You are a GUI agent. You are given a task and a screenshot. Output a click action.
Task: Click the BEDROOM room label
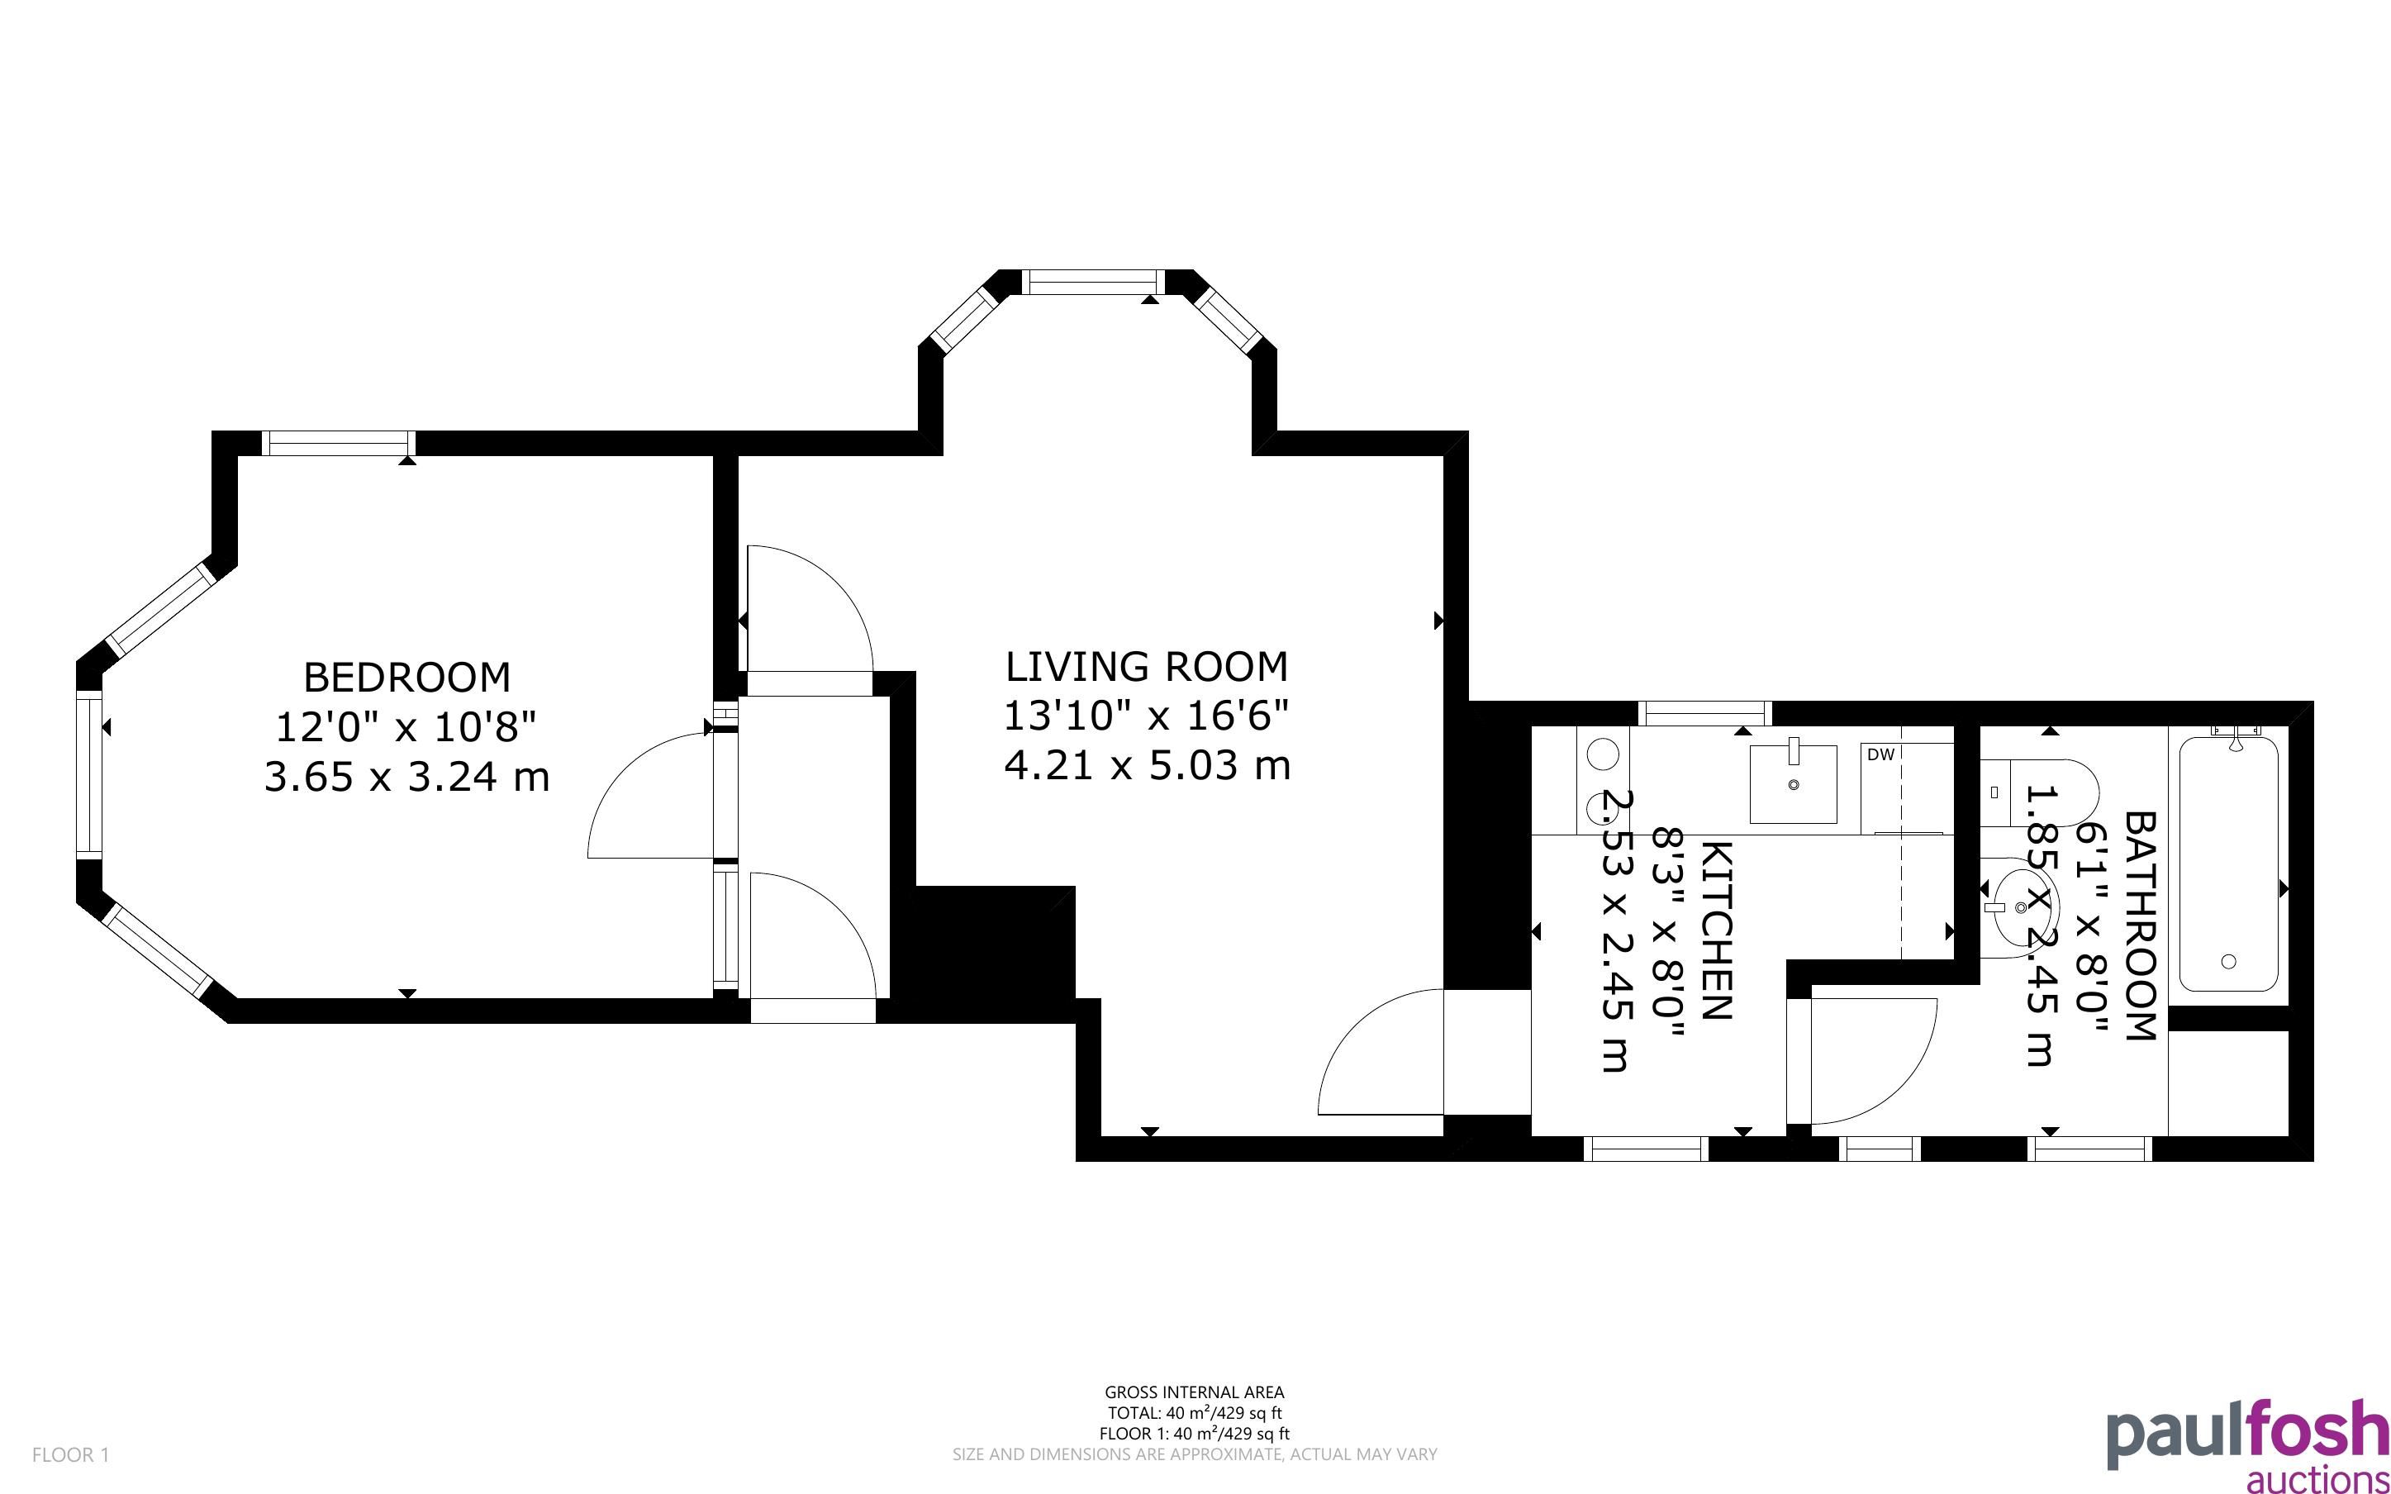click(x=406, y=678)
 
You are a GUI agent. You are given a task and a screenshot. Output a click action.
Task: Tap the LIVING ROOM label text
click(x=1147, y=667)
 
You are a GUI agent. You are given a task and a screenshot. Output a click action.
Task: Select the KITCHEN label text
click(x=1718, y=930)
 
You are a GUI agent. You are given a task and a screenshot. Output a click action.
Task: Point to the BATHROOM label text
click(x=2139, y=925)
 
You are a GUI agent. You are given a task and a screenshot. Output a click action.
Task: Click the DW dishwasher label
click(x=1880, y=754)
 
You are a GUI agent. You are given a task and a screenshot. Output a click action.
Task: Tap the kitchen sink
click(x=1793, y=783)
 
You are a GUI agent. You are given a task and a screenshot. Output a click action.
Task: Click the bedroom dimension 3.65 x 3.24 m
click(x=406, y=777)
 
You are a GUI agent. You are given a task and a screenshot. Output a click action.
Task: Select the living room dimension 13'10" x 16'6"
click(x=1147, y=716)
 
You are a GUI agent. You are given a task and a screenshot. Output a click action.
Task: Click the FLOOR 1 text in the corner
click(x=71, y=1454)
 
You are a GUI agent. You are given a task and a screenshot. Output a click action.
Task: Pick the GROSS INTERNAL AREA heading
click(x=1194, y=1392)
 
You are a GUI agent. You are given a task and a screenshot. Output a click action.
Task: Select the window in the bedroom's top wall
click(x=339, y=444)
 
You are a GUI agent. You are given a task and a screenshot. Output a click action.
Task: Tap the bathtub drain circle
click(x=2228, y=961)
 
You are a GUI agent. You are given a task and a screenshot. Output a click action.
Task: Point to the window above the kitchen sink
click(x=1704, y=712)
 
